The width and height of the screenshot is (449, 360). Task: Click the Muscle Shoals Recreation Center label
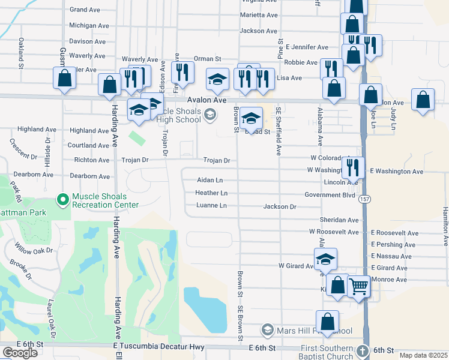coord(106,200)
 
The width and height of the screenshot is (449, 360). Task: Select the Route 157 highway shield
coord(364,199)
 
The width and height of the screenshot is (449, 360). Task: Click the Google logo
coord(20,353)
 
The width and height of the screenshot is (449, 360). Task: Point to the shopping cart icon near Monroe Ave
coord(358,286)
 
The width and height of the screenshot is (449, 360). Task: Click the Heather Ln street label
coord(211,193)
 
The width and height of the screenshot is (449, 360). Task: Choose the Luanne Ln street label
coord(211,206)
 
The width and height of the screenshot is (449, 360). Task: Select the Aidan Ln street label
coord(210,180)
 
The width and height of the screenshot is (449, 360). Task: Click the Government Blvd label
coord(330,195)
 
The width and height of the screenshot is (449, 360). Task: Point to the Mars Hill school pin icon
coord(268,330)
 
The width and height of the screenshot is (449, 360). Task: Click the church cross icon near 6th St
coord(363,350)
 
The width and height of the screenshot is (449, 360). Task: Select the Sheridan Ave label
coord(339,220)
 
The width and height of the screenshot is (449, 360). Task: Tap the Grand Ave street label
coord(85,10)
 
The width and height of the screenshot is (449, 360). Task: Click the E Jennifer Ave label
coord(307,47)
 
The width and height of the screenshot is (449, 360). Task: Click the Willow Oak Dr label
coord(34,247)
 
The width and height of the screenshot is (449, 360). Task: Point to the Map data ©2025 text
coord(423,355)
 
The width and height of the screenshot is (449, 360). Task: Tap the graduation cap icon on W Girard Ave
coord(326,259)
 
